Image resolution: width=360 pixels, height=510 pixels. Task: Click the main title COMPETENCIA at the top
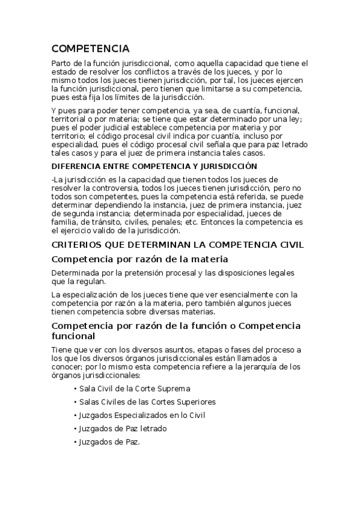pyautogui.click(x=90, y=49)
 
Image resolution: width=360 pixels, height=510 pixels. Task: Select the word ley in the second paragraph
pyautogui.click(x=284, y=119)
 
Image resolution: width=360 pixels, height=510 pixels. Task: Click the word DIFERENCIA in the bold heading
pyautogui.click(x=75, y=166)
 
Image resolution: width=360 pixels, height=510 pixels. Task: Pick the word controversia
pyautogui.click(x=107, y=188)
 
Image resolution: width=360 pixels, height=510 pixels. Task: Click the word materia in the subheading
pyautogui.click(x=210, y=259)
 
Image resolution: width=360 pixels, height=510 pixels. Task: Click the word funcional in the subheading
pyautogui.click(x=76, y=337)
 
